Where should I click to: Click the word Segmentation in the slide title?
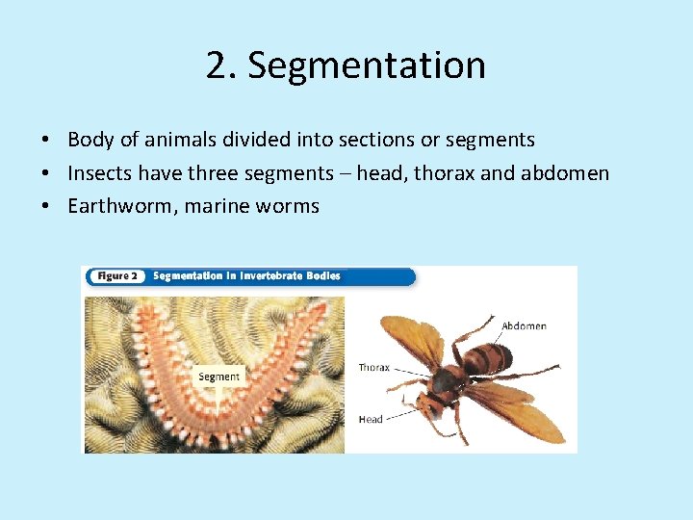367,65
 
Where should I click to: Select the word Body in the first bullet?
90,140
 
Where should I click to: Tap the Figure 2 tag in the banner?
117,276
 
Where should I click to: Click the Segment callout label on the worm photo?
219,377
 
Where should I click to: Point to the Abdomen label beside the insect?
524,325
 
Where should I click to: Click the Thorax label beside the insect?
373,368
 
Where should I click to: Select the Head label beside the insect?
371,419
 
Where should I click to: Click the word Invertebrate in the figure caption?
271,276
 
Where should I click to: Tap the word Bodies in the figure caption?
322,276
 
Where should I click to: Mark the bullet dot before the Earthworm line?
46,206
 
